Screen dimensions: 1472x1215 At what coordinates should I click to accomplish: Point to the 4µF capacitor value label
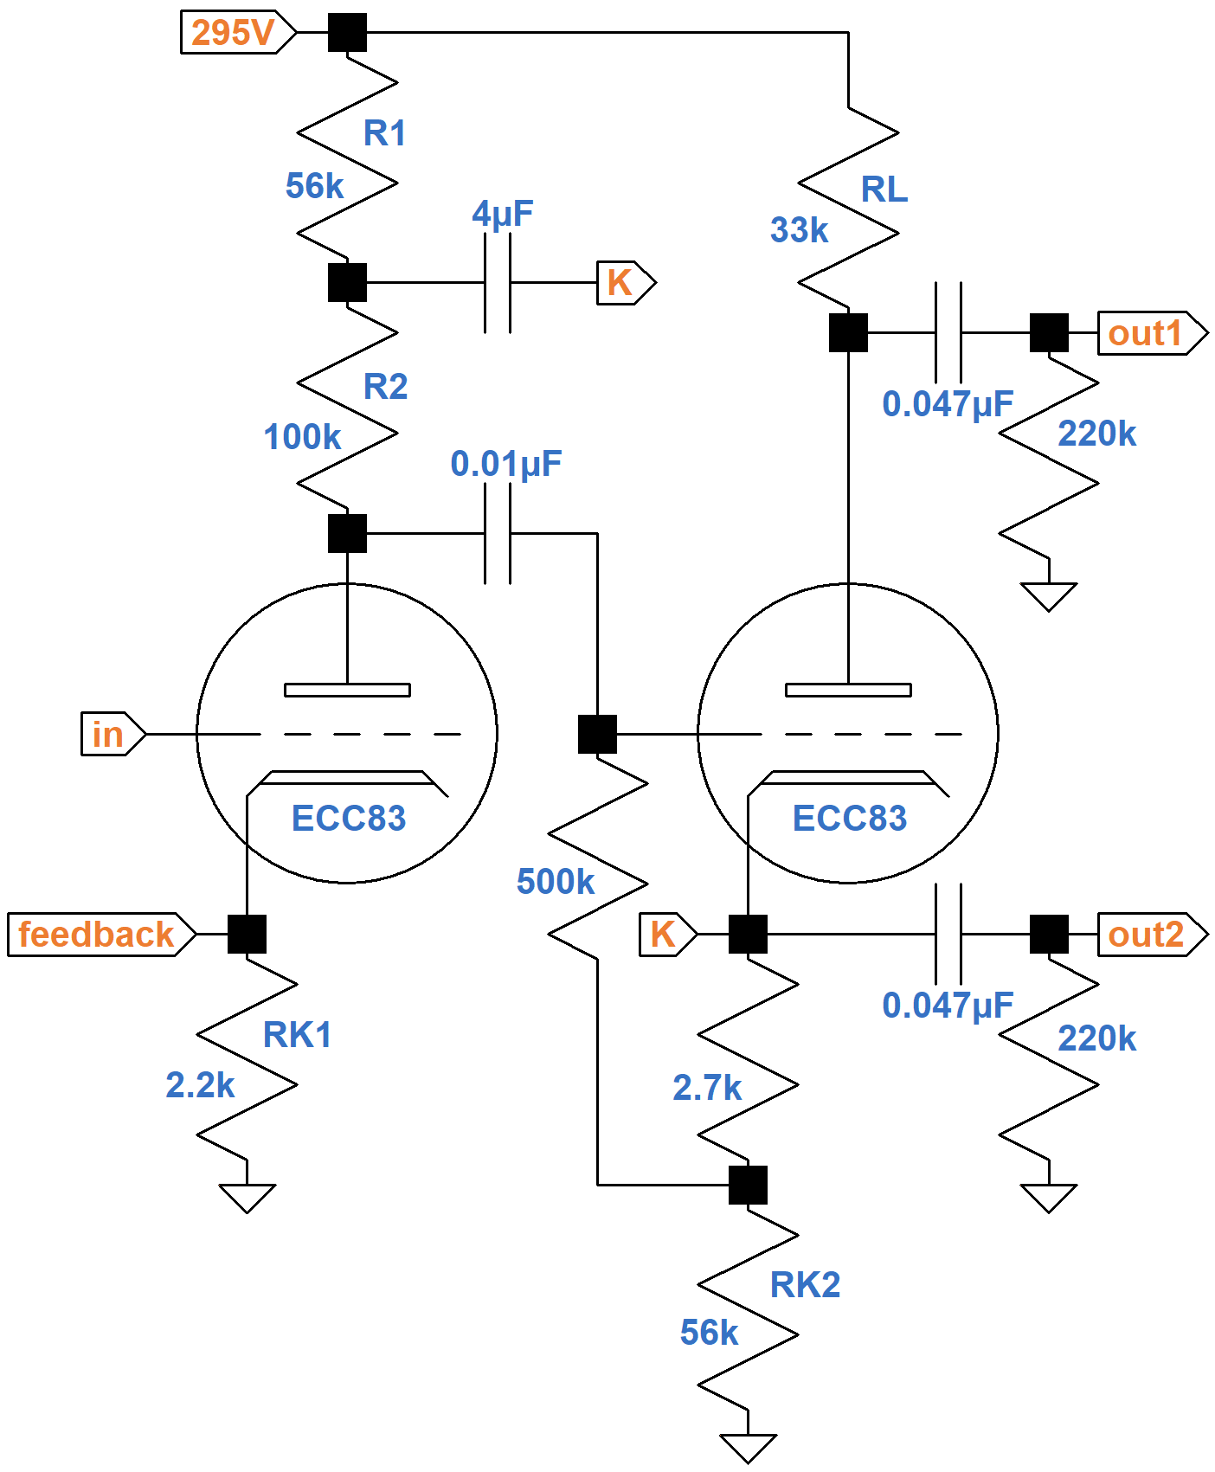tap(502, 213)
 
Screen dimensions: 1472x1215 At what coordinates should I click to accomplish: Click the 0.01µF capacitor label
tap(505, 464)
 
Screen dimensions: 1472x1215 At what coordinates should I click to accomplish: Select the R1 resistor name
tap(384, 133)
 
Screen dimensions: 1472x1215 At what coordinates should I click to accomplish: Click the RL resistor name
tap(884, 190)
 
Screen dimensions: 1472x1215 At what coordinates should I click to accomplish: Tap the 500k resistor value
tap(555, 882)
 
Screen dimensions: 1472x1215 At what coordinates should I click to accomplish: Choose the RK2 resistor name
tap(805, 1285)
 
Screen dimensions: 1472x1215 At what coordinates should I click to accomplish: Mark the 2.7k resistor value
tap(707, 1088)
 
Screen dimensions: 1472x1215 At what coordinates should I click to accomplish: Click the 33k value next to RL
tap(799, 230)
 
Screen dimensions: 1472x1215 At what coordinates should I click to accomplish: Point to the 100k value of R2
tap(302, 437)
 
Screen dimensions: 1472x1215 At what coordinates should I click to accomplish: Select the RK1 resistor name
tap(297, 1035)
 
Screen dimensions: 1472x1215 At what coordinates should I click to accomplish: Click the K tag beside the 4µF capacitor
tap(621, 283)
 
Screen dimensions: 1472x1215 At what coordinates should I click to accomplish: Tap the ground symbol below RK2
tap(748, 1447)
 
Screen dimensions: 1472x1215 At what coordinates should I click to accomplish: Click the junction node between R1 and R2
tap(347, 283)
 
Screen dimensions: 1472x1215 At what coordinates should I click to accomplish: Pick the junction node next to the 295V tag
tap(347, 33)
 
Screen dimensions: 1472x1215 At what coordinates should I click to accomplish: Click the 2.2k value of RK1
tap(200, 1085)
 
